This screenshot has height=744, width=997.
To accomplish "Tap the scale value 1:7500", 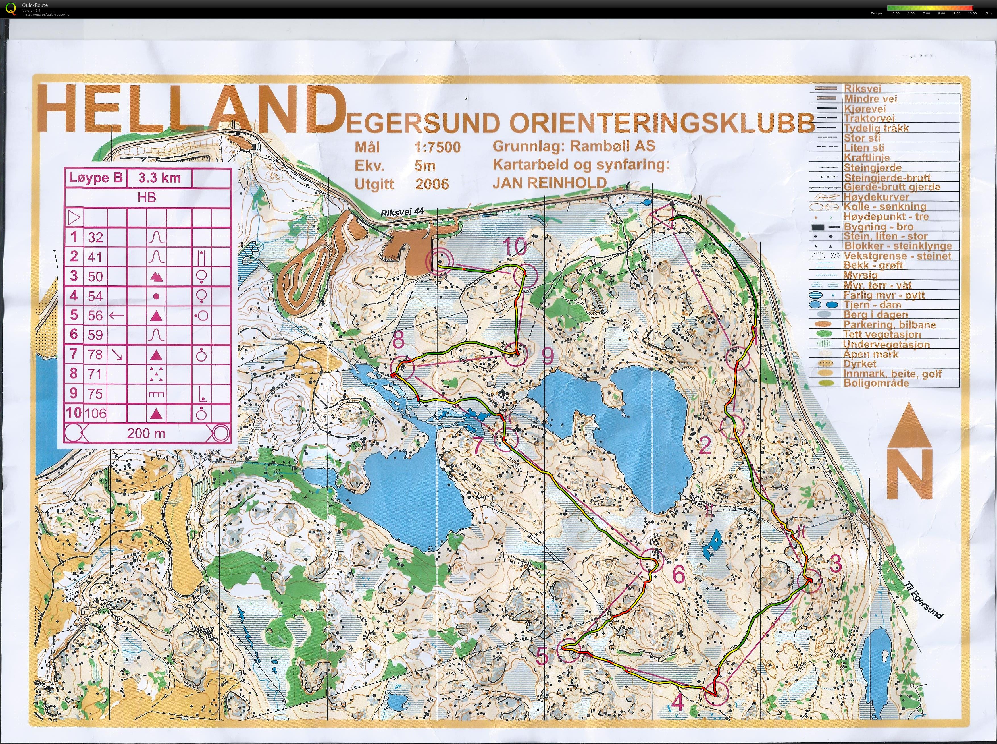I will pos(437,147).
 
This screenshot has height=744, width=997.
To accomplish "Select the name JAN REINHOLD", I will pos(549,183).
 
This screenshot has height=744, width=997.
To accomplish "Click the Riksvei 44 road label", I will pos(402,213).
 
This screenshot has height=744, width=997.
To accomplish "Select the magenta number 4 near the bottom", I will pos(679,702).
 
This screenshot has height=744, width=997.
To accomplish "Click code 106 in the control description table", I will pos(95,413).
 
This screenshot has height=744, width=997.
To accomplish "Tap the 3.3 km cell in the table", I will pos(159,177).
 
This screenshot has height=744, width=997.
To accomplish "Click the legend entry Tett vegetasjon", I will pos(881,334).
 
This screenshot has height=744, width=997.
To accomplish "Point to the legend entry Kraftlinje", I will pos(867,157).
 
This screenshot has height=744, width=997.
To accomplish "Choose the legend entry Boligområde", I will pos(876,383).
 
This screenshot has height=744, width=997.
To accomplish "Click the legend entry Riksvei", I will pos(862,89).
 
